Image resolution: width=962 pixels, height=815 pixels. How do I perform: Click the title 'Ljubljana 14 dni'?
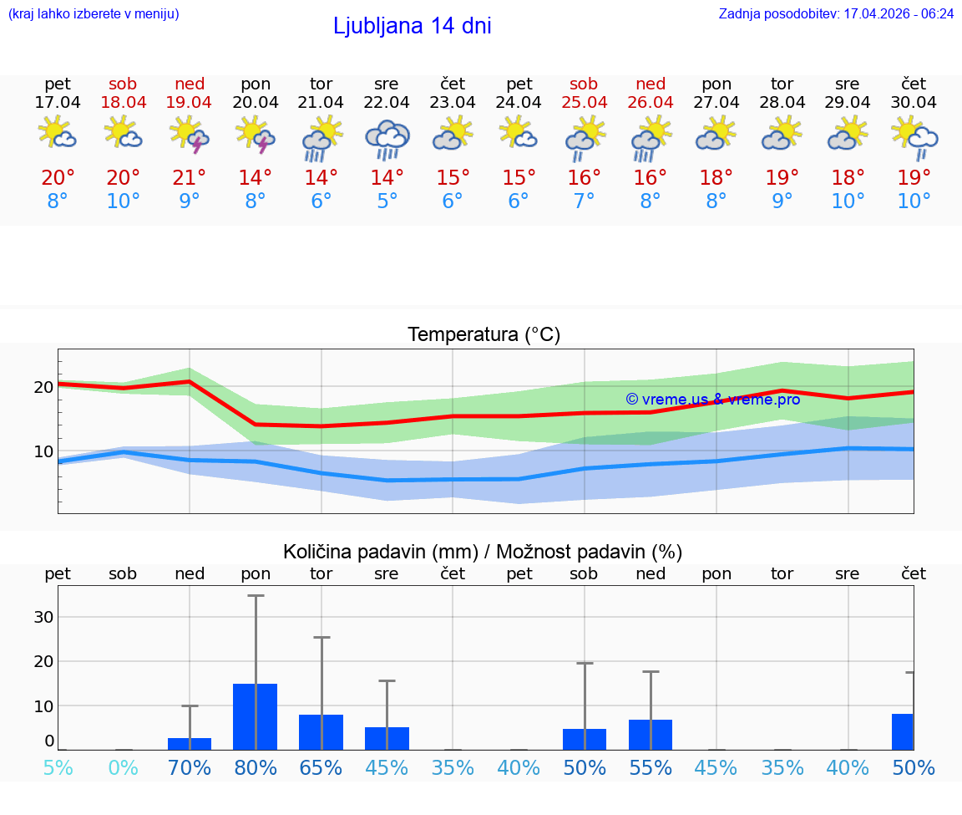[x=412, y=26]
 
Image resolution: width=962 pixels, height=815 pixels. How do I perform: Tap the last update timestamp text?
[x=836, y=14]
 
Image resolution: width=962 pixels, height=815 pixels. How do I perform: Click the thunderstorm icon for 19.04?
[x=190, y=135]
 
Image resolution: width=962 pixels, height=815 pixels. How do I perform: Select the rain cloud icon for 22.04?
[x=387, y=139]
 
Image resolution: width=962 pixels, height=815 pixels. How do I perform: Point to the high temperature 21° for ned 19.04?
[x=190, y=178]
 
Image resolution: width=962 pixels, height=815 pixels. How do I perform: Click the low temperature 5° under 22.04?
[x=387, y=201]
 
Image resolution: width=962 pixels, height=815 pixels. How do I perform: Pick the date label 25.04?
[x=584, y=103]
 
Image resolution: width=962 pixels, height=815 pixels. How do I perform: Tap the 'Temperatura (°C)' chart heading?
[x=484, y=335]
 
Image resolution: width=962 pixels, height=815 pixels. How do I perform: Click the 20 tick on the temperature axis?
[x=43, y=387]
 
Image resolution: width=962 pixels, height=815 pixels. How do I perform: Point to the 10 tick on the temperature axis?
[x=43, y=451]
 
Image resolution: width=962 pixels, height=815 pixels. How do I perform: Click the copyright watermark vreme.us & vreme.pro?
[x=712, y=400]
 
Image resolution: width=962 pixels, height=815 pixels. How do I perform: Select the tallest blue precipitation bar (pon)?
[x=255, y=716]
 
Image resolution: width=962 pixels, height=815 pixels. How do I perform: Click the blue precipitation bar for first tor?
[x=321, y=732]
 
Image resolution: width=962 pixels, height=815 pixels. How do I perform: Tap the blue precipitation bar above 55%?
[x=651, y=735]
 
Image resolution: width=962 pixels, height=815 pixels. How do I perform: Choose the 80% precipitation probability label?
[x=256, y=767]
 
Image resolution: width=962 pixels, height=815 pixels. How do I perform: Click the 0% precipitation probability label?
[x=123, y=767]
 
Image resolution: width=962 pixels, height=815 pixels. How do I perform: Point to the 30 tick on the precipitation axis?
[x=43, y=617]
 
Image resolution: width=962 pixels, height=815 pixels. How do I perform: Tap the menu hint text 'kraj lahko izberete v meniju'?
[x=94, y=14]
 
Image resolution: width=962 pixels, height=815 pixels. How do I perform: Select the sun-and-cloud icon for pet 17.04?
[x=58, y=134]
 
